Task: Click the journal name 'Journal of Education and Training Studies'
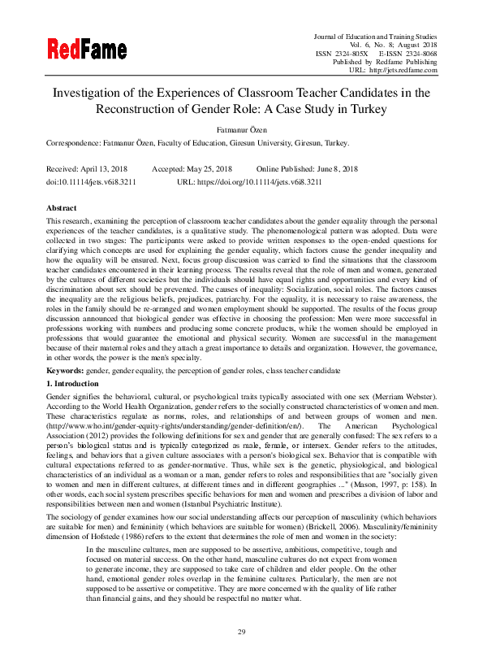[x=375, y=37]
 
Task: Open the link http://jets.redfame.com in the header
[x=404, y=70]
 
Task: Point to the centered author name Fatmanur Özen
[x=241, y=128]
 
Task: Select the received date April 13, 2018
[x=105, y=168]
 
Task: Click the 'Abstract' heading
[x=62, y=209]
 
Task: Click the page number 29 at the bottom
[x=241, y=632]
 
